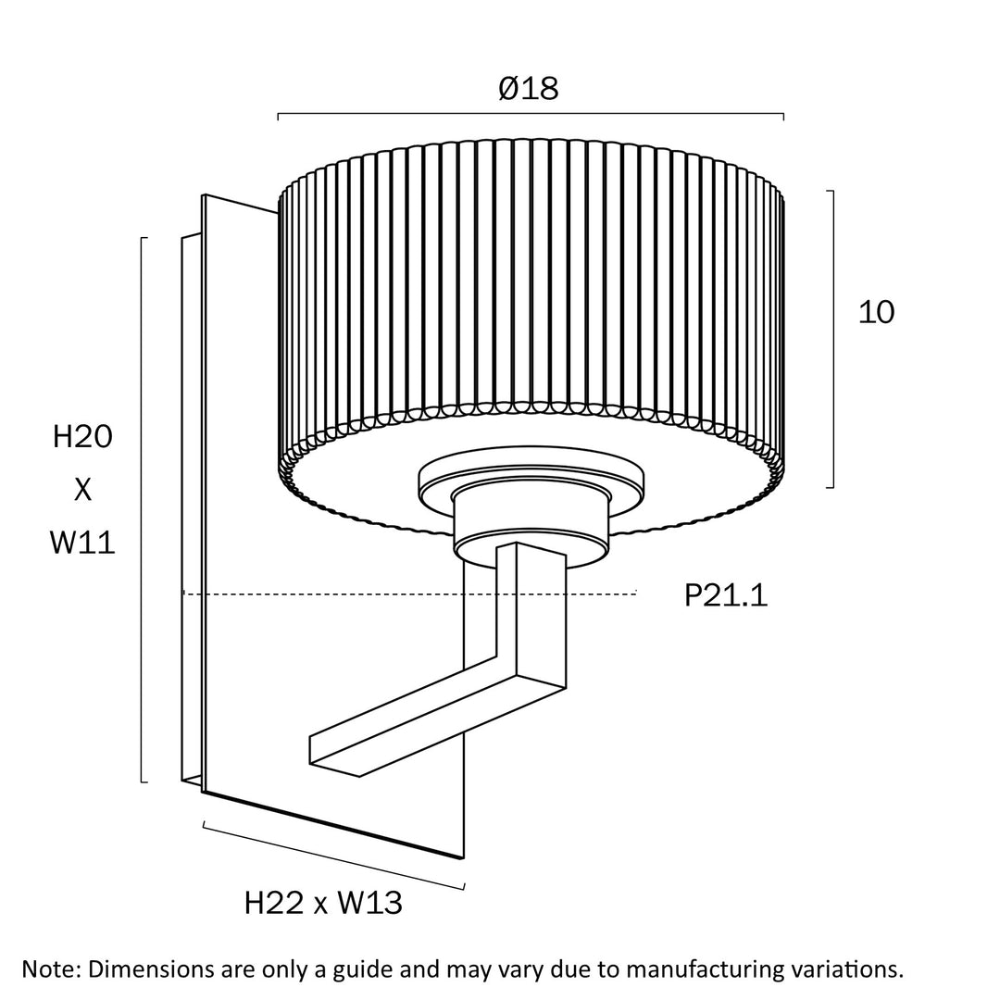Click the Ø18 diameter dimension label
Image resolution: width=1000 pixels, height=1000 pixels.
(x=529, y=89)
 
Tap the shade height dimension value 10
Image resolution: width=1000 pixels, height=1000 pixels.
(x=876, y=313)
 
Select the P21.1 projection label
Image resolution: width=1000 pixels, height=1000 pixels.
(x=726, y=595)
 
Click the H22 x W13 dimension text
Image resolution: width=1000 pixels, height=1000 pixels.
(x=323, y=903)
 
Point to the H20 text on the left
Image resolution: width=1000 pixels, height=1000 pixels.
(x=82, y=437)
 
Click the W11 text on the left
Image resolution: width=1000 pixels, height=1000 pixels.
(x=82, y=543)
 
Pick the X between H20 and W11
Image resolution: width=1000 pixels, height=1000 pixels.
(x=82, y=490)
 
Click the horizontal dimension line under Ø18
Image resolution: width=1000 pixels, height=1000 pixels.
(x=531, y=114)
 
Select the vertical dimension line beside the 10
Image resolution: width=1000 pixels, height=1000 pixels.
(x=833, y=339)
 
